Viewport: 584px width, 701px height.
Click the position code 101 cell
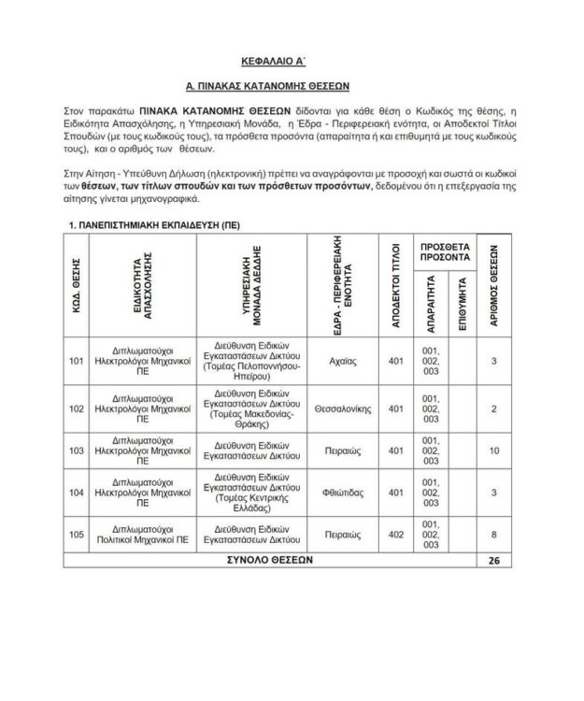pyautogui.click(x=77, y=361)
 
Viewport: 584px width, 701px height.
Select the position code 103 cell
pyautogui.click(x=77, y=451)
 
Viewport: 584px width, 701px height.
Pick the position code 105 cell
pyautogui.click(x=77, y=535)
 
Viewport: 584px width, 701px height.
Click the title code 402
pyautogui.click(x=395, y=535)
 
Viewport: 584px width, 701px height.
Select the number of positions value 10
pyautogui.click(x=494, y=451)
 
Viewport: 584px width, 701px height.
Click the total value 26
pyautogui.click(x=494, y=560)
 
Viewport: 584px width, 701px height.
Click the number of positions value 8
pyautogui.click(x=494, y=535)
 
